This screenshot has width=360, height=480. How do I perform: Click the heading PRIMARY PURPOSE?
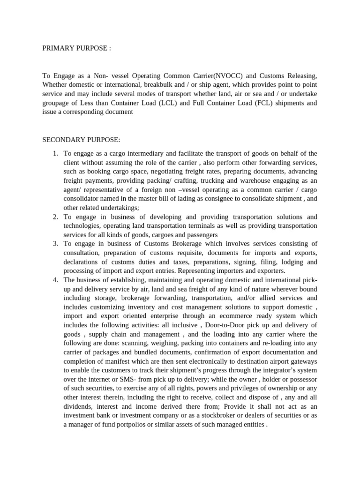click(x=76, y=49)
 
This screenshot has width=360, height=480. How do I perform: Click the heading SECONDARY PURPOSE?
click(x=81, y=139)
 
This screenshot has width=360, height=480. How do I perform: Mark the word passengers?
click(x=199, y=234)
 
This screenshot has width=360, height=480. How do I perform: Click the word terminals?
click(x=179, y=225)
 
